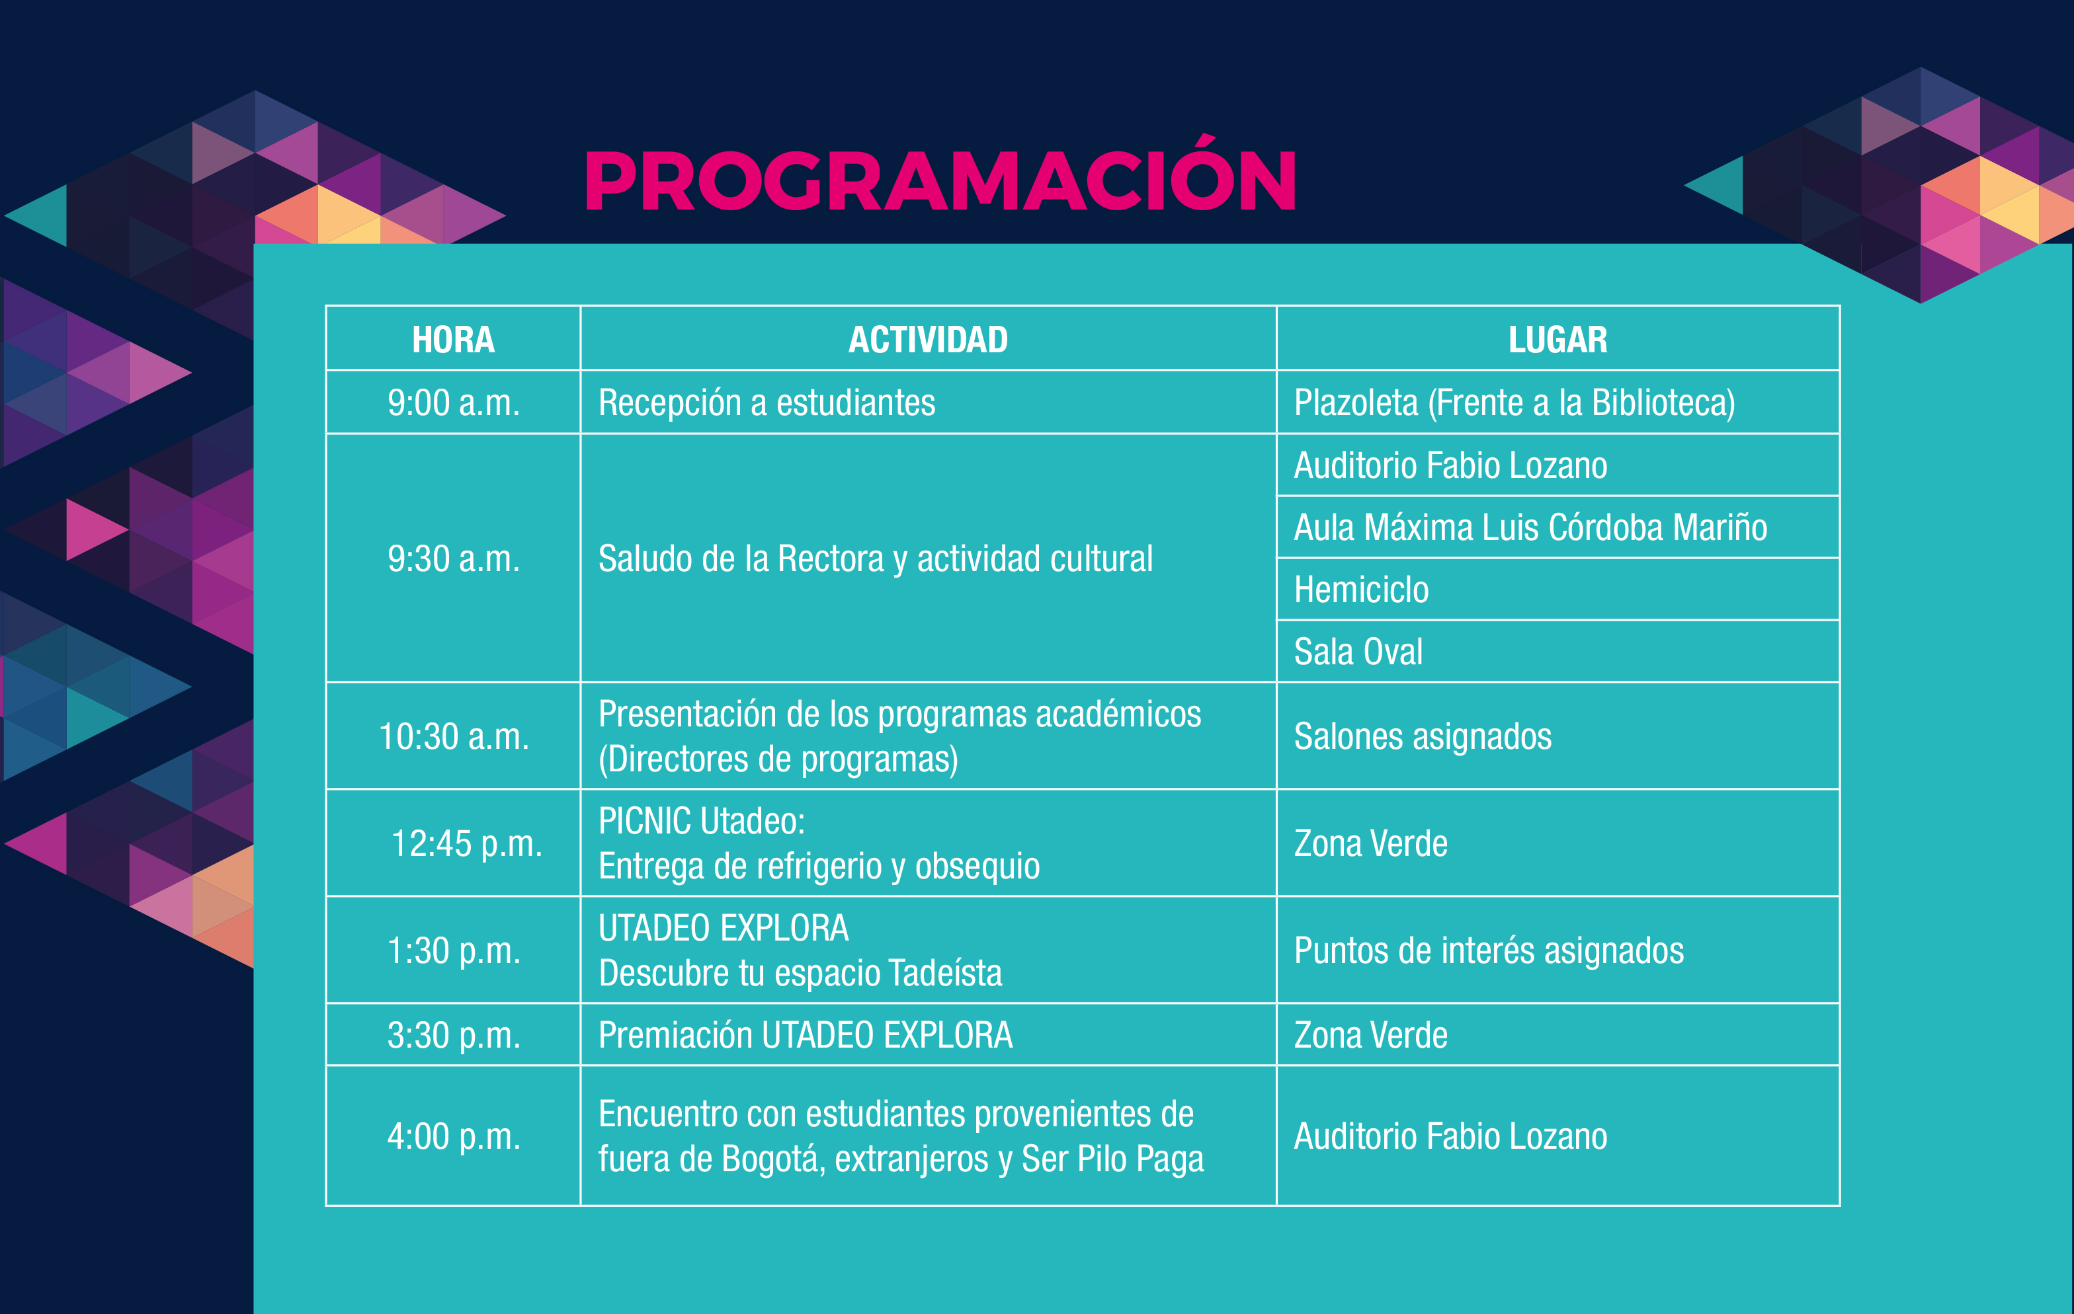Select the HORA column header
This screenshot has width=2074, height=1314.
(x=453, y=339)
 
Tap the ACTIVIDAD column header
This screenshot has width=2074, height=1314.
(x=928, y=339)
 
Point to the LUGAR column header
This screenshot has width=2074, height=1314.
(x=1557, y=339)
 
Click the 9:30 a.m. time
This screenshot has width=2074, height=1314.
(x=453, y=559)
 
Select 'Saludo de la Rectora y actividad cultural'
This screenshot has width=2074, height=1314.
(x=875, y=559)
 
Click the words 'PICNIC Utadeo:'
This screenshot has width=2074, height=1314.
(x=701, y=821)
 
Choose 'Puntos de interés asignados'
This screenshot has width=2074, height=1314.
(x=1488, y=950)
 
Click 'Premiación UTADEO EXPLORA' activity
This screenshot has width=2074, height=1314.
(x=806, y=1035)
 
